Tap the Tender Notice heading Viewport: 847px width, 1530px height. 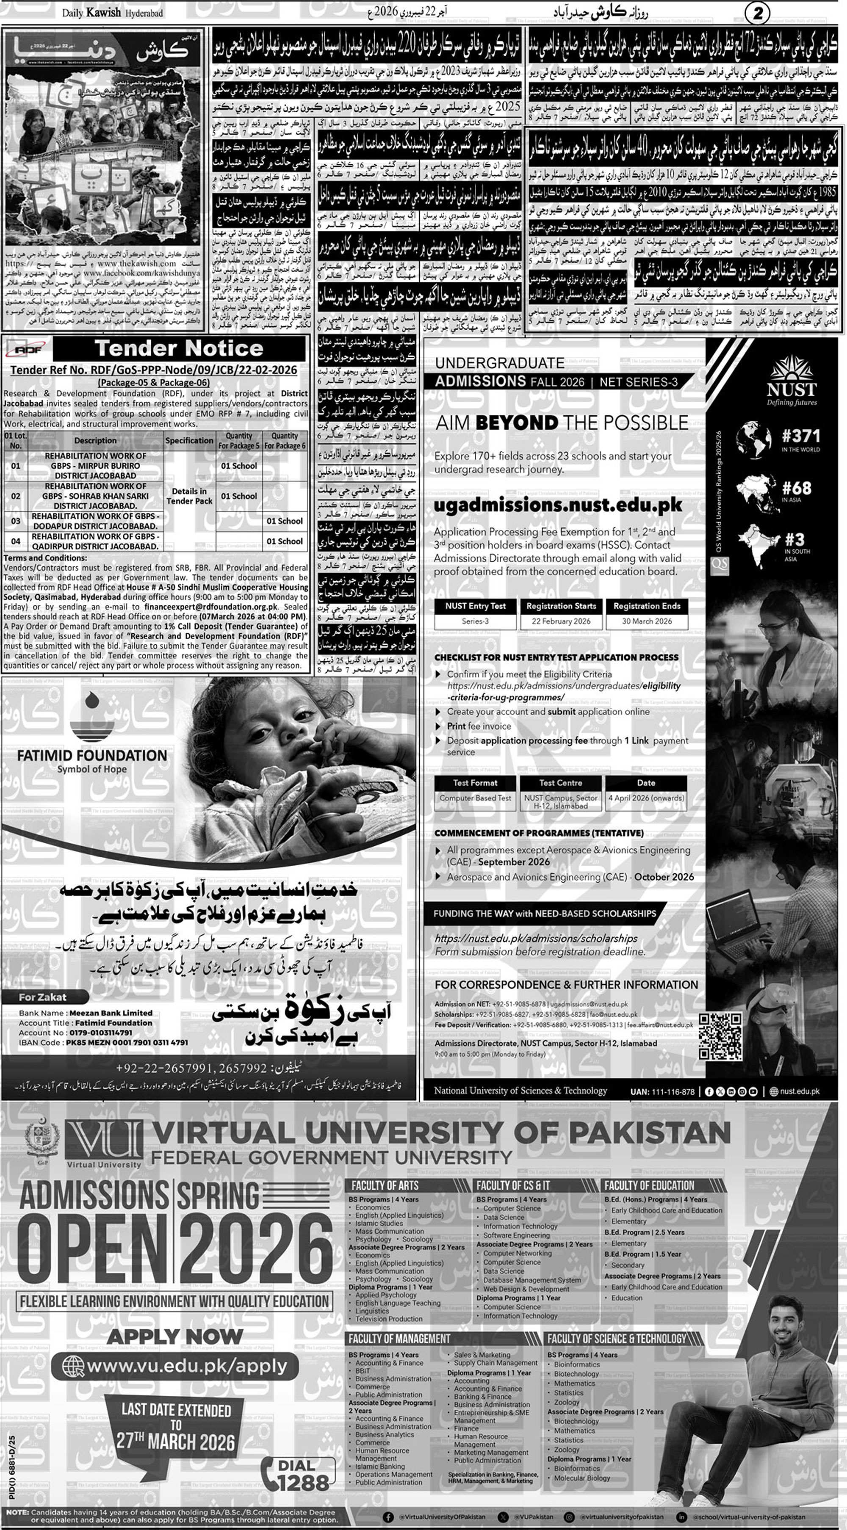point(179,348)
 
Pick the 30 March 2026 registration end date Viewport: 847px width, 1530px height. point(647,621)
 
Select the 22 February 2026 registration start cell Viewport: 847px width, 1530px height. point(561,621)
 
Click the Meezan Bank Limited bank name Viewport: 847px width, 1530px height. point(111,1013)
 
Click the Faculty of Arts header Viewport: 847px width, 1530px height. point(385,1185)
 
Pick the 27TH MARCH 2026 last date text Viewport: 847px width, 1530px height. point(175,1441)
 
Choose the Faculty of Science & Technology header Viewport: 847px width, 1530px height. point(616,1339)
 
